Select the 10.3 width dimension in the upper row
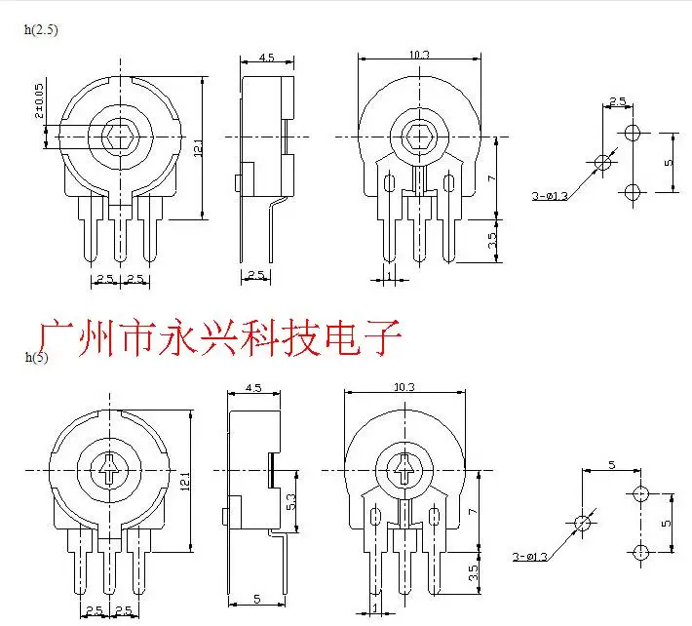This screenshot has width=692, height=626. (419, 56)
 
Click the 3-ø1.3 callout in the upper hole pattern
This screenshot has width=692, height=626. (550, 196)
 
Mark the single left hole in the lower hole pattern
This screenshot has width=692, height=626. (583, 524)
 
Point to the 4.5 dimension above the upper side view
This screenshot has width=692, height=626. (266, 59)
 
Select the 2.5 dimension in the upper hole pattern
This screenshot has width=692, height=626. (617, 101)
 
